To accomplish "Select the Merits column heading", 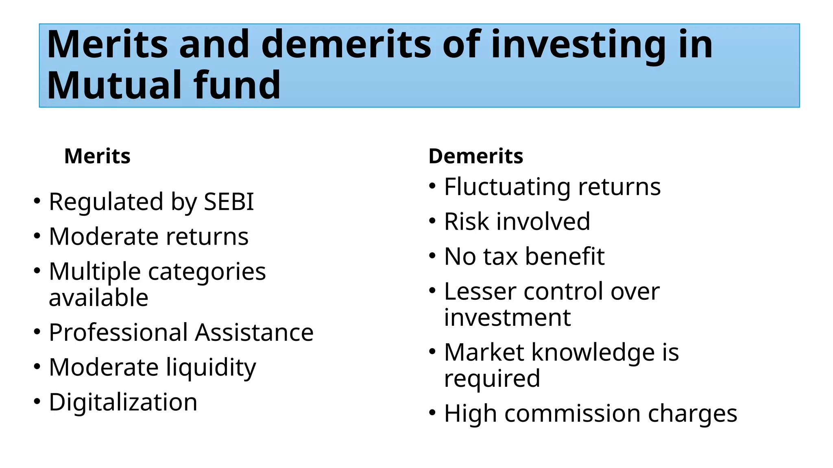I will (x=97, y=156).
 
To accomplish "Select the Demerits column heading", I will (x=475, y=156).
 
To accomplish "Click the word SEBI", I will (x=229, y=201).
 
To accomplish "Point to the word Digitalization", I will (x=123, y=402).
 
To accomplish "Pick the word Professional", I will (x=118, y=332).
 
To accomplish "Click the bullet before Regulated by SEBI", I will (x=37, y=201).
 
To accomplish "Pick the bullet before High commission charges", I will (x=432, y=413).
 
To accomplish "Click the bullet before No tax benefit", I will (x=432, y=256).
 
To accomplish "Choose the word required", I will (x=492, y=379).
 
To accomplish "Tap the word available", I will (x=98, y=298).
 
